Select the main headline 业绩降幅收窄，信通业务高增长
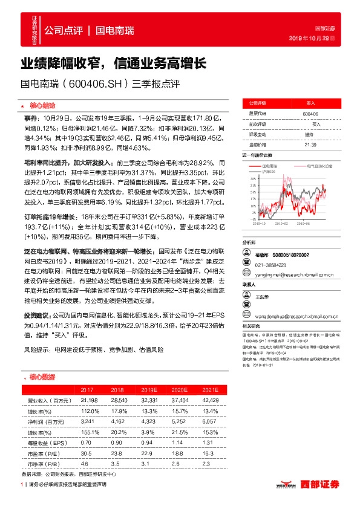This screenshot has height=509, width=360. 114,63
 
